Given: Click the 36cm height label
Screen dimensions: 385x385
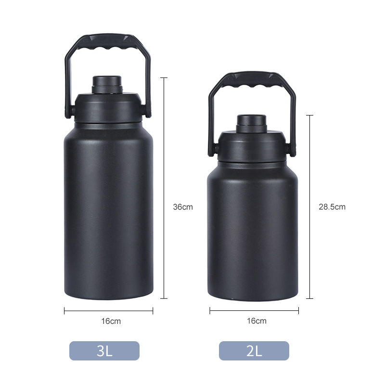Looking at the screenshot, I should [x=182, y=207].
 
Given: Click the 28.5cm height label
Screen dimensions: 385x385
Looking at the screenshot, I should [x=332, y=207].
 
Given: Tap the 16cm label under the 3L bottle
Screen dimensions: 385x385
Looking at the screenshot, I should [x=112, y=321].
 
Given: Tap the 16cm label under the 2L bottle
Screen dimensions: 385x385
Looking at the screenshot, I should [x=257, y=321].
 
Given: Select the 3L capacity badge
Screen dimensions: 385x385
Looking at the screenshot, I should [x=104, y=351].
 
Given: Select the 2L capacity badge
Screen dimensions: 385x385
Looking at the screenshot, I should [x=254, y=351].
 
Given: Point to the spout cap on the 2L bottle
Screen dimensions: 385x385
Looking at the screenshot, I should [x=252, y=123].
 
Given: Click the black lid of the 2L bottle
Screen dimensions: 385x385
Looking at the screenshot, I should [x=252, y=147].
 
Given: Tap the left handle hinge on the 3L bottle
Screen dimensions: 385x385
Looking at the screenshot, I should [x=69, y=111].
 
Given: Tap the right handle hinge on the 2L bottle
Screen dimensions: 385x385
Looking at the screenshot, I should [x=292, y=149].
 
